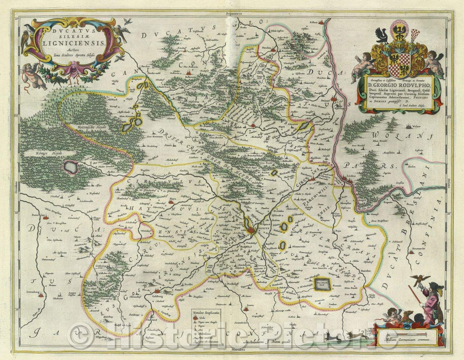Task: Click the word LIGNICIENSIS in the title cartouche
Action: point(74,43)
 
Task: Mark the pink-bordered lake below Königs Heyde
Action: point(71,167)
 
